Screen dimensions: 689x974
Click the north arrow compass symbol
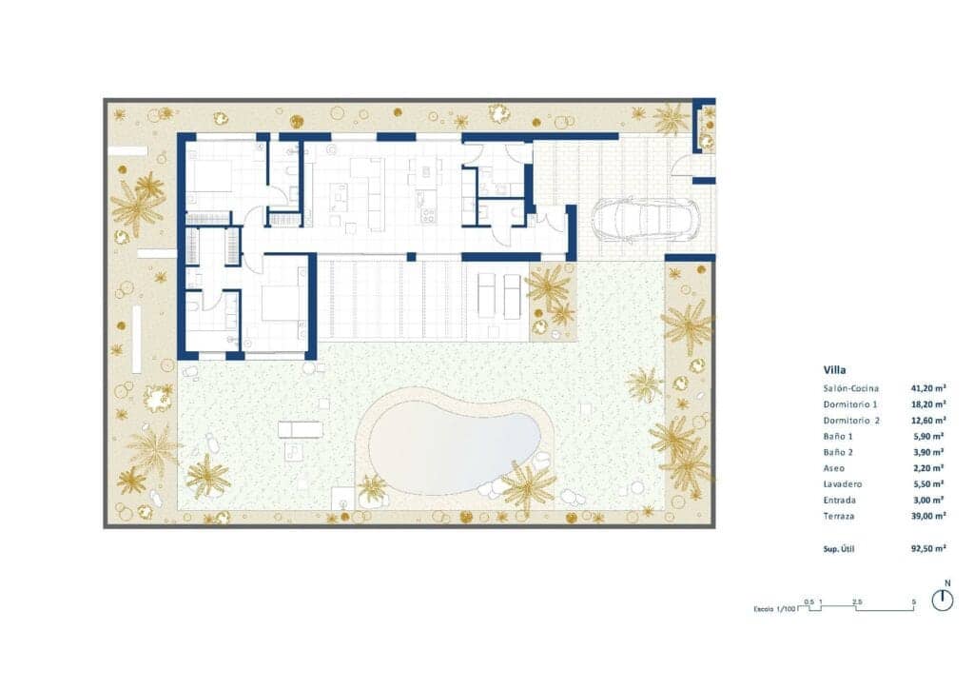943,600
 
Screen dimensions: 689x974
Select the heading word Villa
834,370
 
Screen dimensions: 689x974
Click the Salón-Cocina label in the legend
851,388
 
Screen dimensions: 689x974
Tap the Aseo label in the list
834,468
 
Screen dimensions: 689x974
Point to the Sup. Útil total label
842,549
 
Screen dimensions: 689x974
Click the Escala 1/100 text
774,608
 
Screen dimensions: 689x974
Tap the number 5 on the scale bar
913,601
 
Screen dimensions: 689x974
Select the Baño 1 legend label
838,436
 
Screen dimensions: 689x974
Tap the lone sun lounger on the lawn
300,429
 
